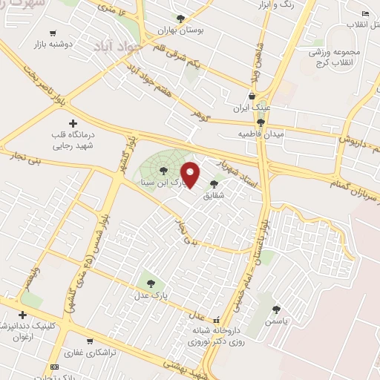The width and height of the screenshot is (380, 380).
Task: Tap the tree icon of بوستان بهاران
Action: (180, 19)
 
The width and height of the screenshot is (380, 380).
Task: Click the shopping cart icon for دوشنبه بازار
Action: (53, 33)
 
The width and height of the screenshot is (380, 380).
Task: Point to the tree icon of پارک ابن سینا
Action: (163, 171)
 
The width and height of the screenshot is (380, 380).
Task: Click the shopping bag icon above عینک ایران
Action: (252, 96)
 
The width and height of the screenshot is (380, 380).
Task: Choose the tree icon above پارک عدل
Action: (151, 283)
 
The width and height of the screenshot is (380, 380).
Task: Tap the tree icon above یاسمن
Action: (276, 309)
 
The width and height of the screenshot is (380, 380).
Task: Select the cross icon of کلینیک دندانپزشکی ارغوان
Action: (22, 315)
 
